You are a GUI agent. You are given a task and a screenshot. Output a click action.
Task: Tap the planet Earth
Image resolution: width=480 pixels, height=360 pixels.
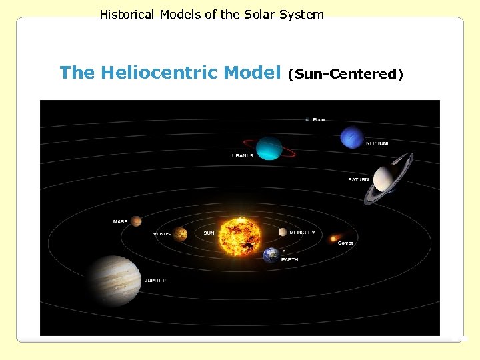pos(271,255)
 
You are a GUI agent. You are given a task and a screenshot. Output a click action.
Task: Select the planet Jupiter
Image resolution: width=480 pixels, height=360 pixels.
pos(114,279)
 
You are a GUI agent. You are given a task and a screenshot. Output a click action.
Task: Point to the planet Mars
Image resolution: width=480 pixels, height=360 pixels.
pos(136,221)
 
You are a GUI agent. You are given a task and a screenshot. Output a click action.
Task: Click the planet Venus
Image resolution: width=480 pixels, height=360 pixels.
pos(181,234)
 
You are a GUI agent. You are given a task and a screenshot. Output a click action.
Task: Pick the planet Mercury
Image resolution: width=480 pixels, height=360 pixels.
pos(283,232)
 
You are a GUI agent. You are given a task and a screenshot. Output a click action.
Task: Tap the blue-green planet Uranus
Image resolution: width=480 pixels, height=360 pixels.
pos(269,147)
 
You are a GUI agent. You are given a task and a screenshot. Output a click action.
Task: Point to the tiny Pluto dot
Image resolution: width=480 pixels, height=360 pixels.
pos(307,120)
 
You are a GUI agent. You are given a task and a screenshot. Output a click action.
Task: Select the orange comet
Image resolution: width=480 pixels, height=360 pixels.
pos(334,237)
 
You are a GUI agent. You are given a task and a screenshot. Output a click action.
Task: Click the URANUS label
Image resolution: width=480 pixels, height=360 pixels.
pos(243,156)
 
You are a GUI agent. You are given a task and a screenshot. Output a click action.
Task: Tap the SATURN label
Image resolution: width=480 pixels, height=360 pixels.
pos(357,179)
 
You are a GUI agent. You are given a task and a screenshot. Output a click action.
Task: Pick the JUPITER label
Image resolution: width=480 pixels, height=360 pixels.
pos(155,281)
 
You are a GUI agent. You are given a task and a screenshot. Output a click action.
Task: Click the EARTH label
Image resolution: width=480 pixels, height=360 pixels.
pos(289,259)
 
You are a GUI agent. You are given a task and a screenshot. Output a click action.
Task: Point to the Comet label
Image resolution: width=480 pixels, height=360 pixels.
pos(345,243)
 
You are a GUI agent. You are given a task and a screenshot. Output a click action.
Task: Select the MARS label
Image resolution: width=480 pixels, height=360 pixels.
pos(120,221)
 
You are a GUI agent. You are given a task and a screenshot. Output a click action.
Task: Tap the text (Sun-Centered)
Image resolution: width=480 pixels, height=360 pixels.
pos(345,74)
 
